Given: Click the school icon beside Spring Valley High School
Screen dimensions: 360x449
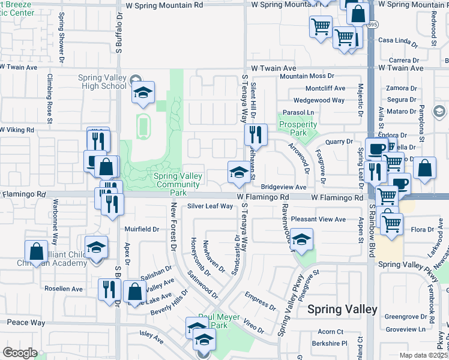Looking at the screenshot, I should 143,92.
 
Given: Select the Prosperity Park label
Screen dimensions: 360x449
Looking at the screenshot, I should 298,128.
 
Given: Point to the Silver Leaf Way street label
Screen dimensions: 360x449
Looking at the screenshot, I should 209,206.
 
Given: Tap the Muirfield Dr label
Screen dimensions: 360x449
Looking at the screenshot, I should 142,229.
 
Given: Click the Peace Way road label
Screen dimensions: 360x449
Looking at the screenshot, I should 26,323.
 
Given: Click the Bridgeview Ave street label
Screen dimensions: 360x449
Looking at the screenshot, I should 283,188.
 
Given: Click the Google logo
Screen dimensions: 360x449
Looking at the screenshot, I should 20,353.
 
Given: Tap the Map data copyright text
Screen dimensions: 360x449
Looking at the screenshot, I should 424,355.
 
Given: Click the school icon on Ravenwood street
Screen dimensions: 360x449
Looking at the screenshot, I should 302,239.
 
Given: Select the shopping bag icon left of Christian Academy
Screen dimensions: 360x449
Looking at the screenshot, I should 35,251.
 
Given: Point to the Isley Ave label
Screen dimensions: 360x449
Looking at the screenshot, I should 151,340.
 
